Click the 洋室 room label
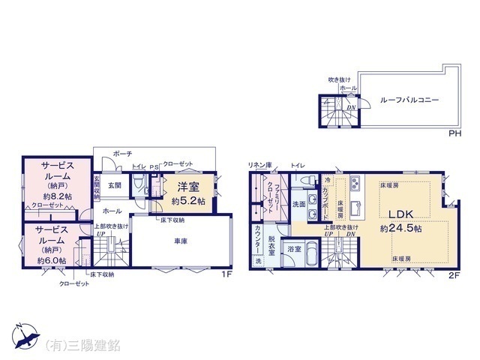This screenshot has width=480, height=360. (x=187, y=187)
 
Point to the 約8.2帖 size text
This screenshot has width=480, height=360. (x=57, y=195)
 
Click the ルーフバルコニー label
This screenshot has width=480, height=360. (x=409, y=99)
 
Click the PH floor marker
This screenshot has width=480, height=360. (x=454, y=133)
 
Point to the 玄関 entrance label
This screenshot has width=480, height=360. (x=114, y=184)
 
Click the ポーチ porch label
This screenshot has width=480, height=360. (x=122, y=154)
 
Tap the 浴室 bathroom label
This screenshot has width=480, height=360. (x=294, y=247)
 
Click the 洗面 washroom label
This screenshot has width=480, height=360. (x=298, y=203)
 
